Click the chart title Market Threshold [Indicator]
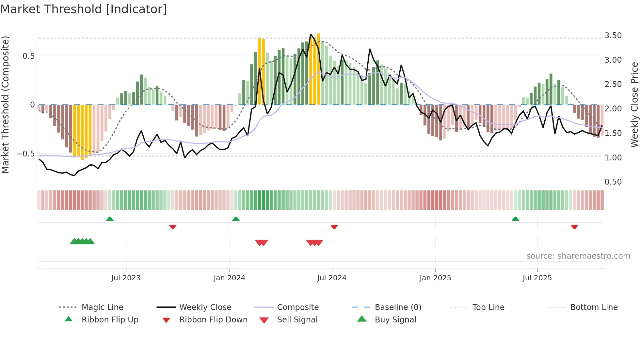(84, 9)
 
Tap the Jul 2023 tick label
(126, 278)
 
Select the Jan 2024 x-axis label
(229, 278)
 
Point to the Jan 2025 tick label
(435, 278)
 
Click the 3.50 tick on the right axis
(613, 36)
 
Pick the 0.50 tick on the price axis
(613, 182)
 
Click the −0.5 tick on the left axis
(26, 154)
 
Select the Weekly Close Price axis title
(634, 105)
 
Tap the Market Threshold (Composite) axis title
(5, 105)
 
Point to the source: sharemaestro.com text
(578, 256)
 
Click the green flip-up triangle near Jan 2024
(236, 219)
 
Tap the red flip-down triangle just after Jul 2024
(334, 227)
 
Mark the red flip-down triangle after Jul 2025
(574, 227)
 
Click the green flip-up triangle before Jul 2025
(515, 219)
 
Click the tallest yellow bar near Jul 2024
(318, 69)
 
